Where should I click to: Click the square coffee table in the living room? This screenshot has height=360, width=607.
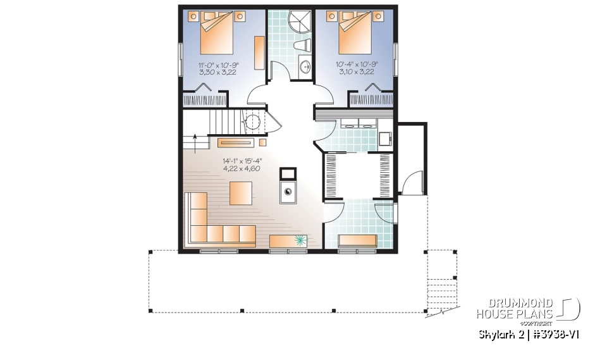click(241, 192)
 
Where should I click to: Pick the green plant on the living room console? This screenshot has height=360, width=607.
click(300, 240)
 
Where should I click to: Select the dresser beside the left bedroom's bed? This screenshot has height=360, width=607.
click(259, 53)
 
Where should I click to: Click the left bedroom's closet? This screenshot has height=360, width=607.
click(204, 99)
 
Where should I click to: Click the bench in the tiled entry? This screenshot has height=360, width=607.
click(358, 240)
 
